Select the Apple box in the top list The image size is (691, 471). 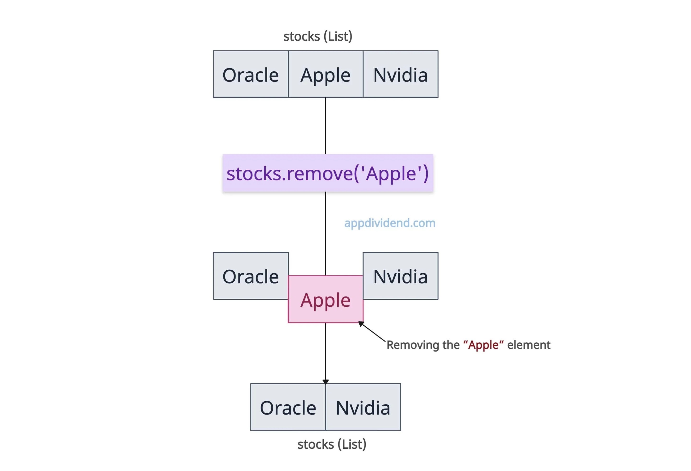coord(325,74)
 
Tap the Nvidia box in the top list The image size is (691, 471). coord(400,74)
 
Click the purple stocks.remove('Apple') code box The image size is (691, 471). coord(328,173)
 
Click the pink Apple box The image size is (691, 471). coord(325,299)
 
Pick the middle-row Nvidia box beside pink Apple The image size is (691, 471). coord(400,276)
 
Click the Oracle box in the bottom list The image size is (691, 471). coord(288,407)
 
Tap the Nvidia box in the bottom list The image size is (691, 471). coord(363,407)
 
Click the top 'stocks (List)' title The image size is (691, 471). coord(318,36)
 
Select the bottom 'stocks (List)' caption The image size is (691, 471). coord(332,444)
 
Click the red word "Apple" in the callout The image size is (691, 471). coord(483,345)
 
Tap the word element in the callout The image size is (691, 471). coord(529,345)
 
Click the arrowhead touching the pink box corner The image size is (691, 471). coord(361,324)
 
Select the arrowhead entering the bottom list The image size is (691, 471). coord(326,382)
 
